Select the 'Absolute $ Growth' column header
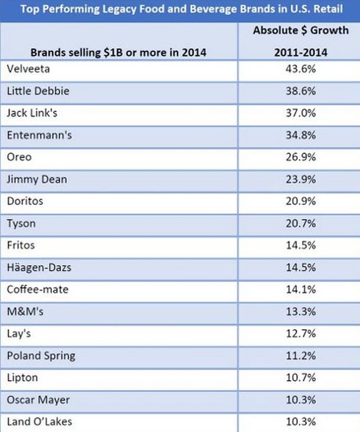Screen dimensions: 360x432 [301, 30]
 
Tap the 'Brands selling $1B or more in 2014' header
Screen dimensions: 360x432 [119, 53]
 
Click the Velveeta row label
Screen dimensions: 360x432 [28, 69]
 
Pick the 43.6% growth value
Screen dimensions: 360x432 [301, 69]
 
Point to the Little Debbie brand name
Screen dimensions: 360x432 [38, 91]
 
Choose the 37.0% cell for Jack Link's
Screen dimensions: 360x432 [301, 113]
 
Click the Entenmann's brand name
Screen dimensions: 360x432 [40, 135]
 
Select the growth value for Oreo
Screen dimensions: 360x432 [301, 157]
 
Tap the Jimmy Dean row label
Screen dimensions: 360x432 [37, 179]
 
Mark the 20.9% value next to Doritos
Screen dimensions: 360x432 [301, 201]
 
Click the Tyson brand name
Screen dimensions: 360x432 [21, 224]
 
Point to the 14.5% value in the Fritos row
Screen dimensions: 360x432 [301, 245]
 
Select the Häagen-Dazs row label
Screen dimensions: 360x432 [39, 268]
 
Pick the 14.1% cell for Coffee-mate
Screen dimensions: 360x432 [301, 289]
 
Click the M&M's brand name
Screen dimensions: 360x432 [25, 312]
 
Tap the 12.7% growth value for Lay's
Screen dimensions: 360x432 [301, 333]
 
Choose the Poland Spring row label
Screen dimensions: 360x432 [41, 356]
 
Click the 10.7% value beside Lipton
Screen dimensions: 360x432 [301, 378]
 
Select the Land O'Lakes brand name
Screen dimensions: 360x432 [40, 421]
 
